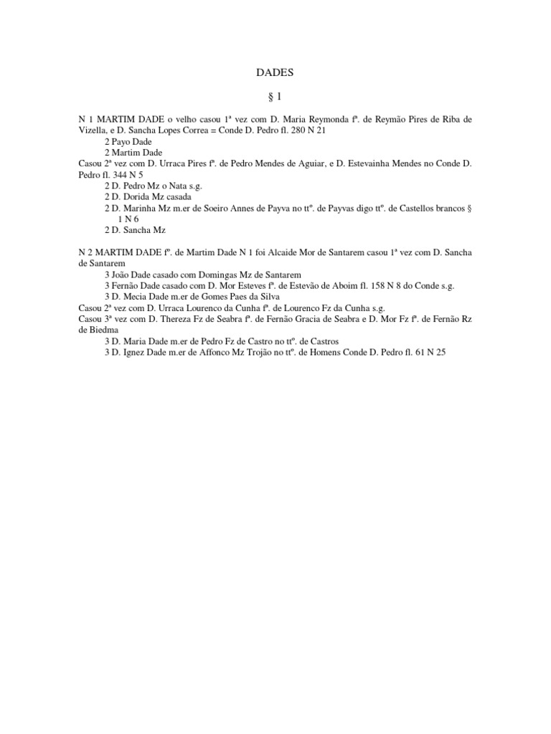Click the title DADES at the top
[x=275, y=72]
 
